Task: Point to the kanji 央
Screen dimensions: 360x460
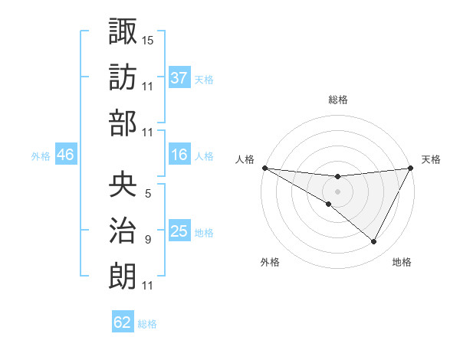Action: (123, 184)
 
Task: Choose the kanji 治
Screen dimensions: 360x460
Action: (123, 230)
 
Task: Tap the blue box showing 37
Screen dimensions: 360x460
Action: (179, 77)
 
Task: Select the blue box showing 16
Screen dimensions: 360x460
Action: (179, 155)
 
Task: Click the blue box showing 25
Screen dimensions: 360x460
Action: (179, 231)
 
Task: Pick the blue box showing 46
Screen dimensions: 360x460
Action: (66, 155)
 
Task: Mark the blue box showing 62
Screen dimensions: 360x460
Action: (123, 322)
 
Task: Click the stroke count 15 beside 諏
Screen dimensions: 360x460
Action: (148, 39)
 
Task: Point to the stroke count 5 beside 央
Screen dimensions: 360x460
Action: (148, 194)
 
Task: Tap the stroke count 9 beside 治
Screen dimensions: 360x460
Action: (148, 240)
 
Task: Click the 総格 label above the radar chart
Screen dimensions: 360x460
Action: (337, 100)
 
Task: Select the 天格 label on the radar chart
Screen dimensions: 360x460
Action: (431, 159)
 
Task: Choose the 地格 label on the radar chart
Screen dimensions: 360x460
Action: (402, 262)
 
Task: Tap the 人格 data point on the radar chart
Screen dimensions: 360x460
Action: (264, 168)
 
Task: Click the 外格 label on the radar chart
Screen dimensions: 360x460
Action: (270, 262)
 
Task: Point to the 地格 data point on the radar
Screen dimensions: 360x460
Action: (374, 242)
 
